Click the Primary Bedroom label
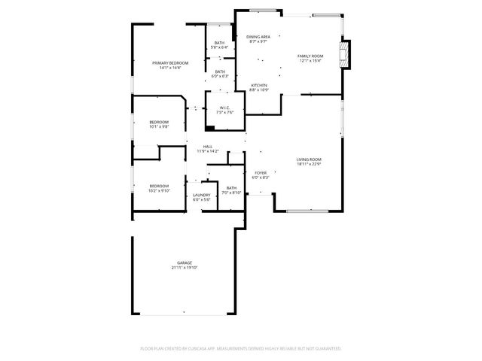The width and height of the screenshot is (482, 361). point(169,62)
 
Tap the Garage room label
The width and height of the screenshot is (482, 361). point(181,262)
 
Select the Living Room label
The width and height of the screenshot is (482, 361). point(309,159)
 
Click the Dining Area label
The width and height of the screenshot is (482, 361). point(259,37)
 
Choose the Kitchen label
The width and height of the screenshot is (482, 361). point(259,85)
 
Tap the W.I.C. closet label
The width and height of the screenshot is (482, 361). point(224,108)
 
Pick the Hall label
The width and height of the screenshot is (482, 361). point(207,147)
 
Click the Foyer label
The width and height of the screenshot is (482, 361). point(260,173)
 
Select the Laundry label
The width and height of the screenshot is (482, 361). point(201,195)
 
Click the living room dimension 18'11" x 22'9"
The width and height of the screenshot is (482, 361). point(309,164)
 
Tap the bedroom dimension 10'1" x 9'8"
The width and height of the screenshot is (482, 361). point(158,126)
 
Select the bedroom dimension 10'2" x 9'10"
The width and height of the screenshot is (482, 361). point(159,190)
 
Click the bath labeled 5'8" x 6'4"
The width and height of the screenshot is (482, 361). point(219,47)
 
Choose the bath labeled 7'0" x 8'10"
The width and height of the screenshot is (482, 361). point(231,193)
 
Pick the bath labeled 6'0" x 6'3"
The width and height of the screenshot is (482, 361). point(219,76)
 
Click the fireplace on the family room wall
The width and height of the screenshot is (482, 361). point(346,54)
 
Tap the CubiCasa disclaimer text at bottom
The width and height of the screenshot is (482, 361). point(241,348)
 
